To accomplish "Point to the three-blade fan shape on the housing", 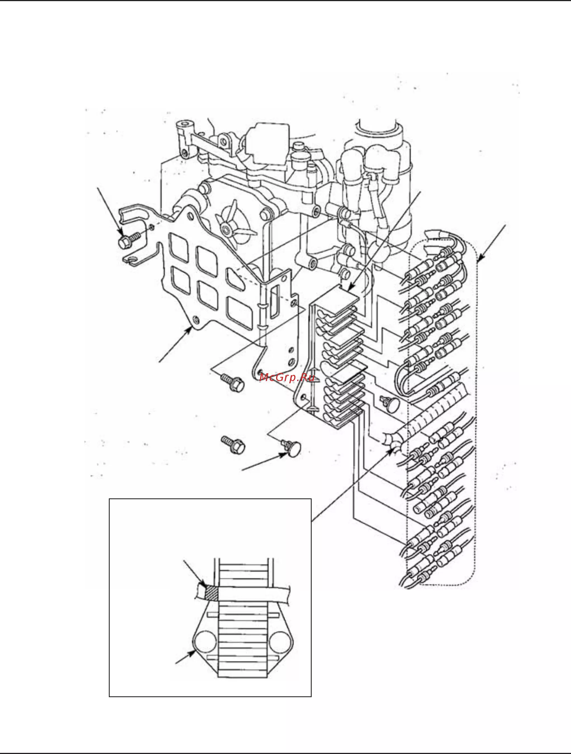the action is pyautogui.click(x=235, y=223).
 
